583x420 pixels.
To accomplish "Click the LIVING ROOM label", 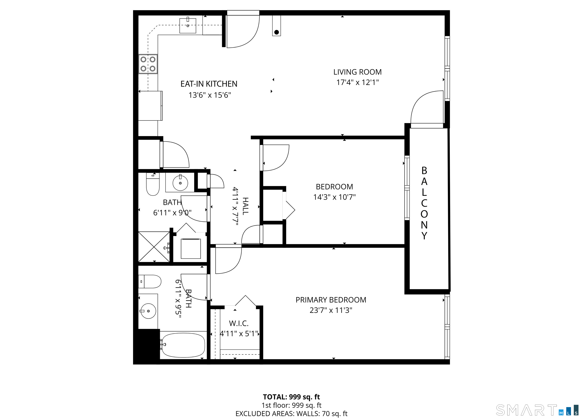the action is (357, 72).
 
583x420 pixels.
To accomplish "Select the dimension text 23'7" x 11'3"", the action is (331, 310).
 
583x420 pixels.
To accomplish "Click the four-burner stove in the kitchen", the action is (148, 64).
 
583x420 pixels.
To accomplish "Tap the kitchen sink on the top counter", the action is (188, 25).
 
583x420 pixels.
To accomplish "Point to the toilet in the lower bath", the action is (150, 281).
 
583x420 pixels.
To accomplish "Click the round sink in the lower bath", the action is (148, 311).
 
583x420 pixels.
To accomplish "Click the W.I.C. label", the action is (239, 323).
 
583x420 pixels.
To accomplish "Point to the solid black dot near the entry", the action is (277, 32).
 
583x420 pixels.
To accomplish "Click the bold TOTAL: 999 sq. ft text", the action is (291, 397).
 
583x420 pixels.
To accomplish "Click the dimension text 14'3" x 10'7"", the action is (334, 197).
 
